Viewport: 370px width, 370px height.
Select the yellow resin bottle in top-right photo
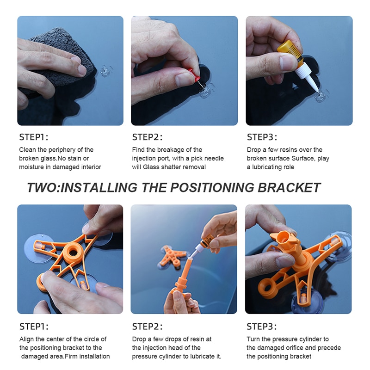(x=291, y=52)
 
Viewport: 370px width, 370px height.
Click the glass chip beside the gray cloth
(x=105, y=71)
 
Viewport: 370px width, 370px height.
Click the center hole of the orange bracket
(x=73, y=253)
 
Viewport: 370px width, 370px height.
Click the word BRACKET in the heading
(x=289, y=188)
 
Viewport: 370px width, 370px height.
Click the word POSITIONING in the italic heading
(x=212, y=188)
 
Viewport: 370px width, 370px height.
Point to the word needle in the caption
(x=213, y=158)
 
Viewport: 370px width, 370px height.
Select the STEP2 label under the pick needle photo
(x=147, y=137)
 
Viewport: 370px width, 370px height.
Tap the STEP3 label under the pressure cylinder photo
(x=261, y=327)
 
